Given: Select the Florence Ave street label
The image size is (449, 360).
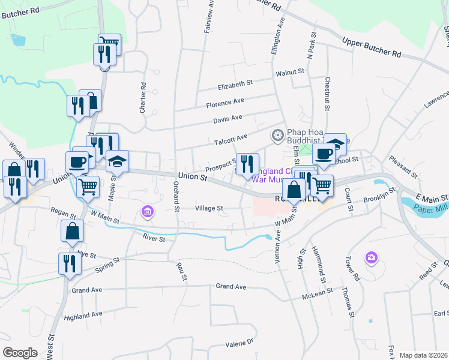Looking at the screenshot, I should [x=225, y=103].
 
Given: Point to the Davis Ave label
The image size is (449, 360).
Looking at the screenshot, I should [x=228, y=119].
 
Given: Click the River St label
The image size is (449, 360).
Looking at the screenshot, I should [x=154, y=238].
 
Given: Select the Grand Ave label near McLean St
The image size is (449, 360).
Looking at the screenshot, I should [x=231, y=287].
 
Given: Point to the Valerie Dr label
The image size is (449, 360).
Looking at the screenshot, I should [x=240, y=343].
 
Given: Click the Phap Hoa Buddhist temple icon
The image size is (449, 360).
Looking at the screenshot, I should [x=277, y=134].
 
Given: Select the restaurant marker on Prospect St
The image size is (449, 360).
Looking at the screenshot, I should [x=247, y=163].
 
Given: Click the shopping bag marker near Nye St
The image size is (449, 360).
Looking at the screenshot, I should [x=71, y=231].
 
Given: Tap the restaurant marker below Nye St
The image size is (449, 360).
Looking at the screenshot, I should [x=68, y=263].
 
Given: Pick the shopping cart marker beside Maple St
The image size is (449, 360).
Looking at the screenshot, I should [x=88, y=186].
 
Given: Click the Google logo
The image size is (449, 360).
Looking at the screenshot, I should [x=20, y=352].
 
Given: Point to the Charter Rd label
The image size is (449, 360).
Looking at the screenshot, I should [x=143, y=100].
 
